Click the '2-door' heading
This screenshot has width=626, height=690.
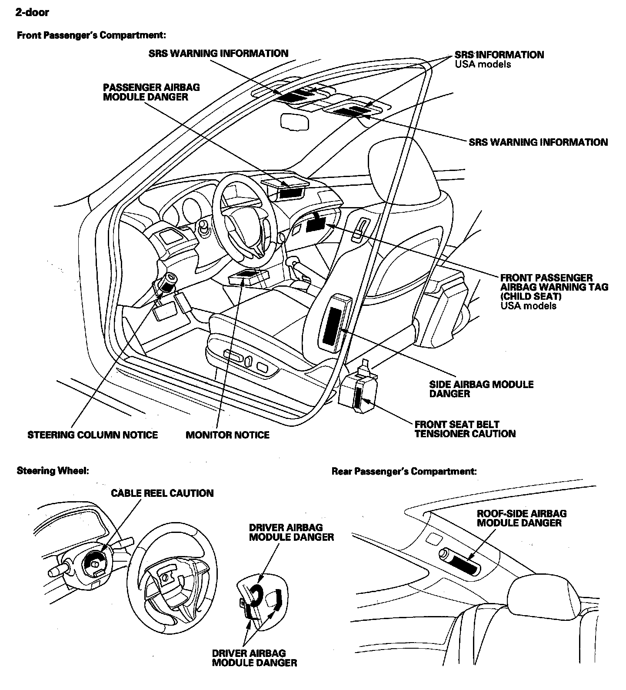pos(32,13)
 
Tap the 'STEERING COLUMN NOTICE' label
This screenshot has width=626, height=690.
pos(93,435)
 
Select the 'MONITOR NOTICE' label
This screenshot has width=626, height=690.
pos(227,435)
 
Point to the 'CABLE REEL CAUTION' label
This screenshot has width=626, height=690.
pos(162,493)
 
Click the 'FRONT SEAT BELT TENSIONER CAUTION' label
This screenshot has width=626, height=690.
pos(465,429)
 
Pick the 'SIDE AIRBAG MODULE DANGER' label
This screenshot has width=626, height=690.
pos(481,389)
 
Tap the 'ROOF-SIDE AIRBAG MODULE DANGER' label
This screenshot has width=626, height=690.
pos(521,518)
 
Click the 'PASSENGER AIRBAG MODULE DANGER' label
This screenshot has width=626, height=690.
pos(151,92)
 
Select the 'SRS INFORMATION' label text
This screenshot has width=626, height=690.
pos(499,55)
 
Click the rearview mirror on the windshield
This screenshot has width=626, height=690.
pos(295,121)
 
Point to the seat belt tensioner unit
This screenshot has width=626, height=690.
pos(359,391)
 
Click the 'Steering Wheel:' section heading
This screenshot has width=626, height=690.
pos(53,471)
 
